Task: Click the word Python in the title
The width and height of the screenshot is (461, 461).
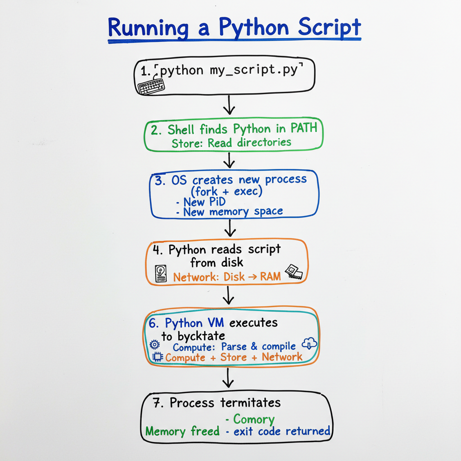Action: [x=253, y=28]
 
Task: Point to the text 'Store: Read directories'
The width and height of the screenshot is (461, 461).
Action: [x=231, y=143]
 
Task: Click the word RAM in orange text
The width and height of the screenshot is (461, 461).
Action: [x=271, y=277]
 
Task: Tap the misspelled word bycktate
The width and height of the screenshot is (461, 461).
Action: [x=201, y=336]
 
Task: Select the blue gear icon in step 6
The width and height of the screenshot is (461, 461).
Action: [x=155, y=345]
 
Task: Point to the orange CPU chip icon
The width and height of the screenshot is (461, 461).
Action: [x=158, y=357]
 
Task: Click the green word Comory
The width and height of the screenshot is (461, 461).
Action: [x=253, y=419]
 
